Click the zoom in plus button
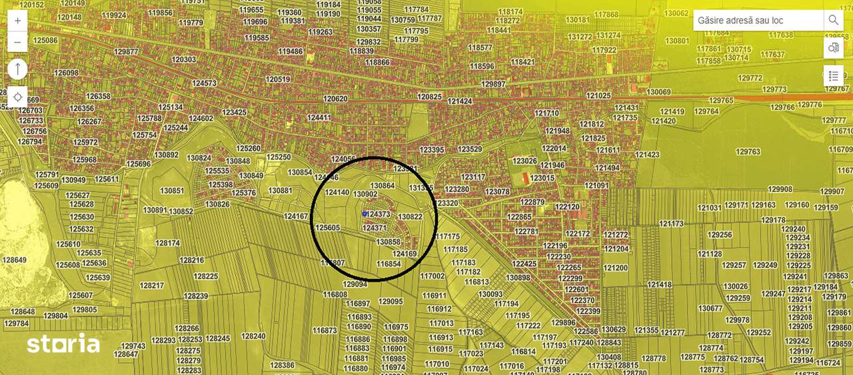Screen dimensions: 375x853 click(17, 21)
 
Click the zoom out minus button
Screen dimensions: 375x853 click(17, 42)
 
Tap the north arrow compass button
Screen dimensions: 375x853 click(17, 69)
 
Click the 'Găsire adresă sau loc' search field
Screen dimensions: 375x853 click(758, 21)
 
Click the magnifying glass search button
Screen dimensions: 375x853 click(834, 21)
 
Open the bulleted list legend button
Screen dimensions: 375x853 click(834, 76)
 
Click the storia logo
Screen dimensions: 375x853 click(63, 344)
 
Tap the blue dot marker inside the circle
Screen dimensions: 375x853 click(365, 214)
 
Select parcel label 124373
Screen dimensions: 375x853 click(379, 214)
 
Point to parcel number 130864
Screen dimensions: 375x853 click(383, 186)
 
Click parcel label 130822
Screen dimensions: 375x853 click(410, 217)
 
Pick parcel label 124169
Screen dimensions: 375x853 click(405, 254)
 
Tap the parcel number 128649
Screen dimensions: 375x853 click(13, 260)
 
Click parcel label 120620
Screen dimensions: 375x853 click(335, 99)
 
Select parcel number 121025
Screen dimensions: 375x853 click(598, 96)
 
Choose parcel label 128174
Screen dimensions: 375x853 click(167, 243)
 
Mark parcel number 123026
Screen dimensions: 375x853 click(525, 161)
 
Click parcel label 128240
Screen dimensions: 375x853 click(253, 336)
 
